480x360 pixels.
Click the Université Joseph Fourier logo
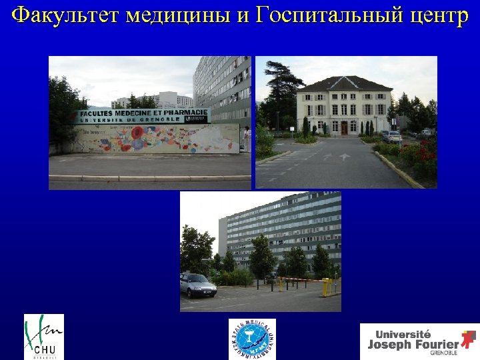click(x=419, y=341)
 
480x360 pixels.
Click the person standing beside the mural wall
click(x=247, y=139)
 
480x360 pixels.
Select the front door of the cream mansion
click(x=344, y=127)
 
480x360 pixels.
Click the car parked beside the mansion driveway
click(x=392, y=136)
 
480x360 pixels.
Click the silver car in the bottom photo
click(x=198, y=285)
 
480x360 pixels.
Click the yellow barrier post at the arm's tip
click(x=326, y=287)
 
